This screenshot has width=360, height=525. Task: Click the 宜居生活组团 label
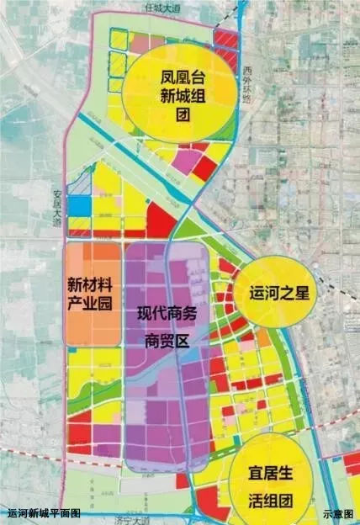(x=272, y=486)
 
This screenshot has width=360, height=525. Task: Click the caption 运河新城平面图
(x=44, y=513)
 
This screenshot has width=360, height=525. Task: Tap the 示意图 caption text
(x=337, y=513)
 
